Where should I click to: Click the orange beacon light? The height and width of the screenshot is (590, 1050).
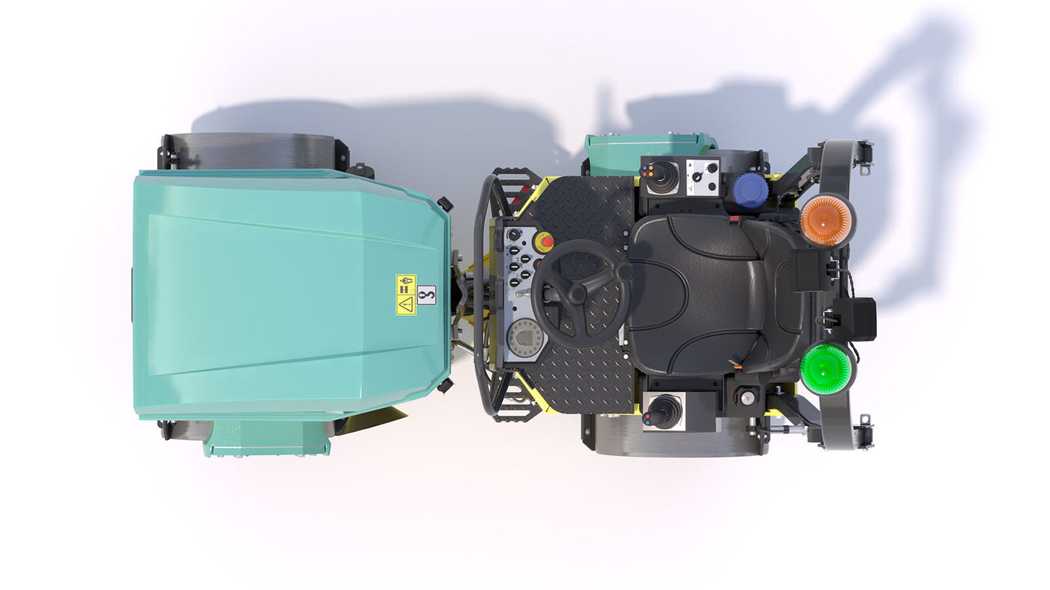pyautogui.click(x=827, y=220)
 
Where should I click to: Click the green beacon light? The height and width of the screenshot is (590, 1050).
pyautogui.click(x=827, y=369)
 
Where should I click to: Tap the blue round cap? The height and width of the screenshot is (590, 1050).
pyautogui.click(x=751, y=190)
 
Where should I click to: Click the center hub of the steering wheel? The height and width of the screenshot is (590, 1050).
pyautogui.click(x=578, y=294)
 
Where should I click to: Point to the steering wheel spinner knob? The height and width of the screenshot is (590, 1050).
pyautogui.click(x=623, y=273)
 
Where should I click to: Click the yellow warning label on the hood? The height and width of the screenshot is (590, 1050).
pyautogui.click(x=405, y=295)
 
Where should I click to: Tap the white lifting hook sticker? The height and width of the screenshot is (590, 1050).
pyautogui.click(x=427, y=295)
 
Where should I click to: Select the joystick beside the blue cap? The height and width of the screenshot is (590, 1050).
pyautogui.click(x=662, y=177)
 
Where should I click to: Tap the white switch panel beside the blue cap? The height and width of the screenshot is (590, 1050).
pyautogui.click(x=703, y=177)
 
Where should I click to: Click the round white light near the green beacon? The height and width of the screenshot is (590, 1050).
pyautogui.click(x=746, y=397)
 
